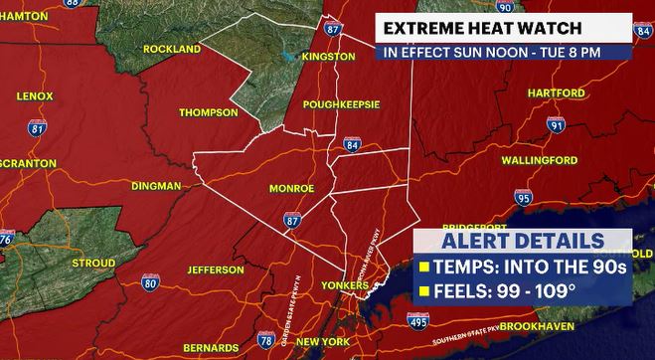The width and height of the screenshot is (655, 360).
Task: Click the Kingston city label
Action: pyautogui.click(x=328, y=57)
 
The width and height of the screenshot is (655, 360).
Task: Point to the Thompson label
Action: pyautogui.click(x=208, y=112)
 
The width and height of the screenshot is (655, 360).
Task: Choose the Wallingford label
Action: pyautogui.click(x=540, y=159)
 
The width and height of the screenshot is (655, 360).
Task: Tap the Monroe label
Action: pyautogui.click(x=291, y=188)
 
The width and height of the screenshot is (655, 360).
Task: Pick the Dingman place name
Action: pyautogui.click(x=156, y=186)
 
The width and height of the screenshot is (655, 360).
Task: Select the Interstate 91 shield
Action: pyautogui.click(x=556, y=124)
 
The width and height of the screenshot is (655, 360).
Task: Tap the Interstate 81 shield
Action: pyautogui.click(x=38, y=127)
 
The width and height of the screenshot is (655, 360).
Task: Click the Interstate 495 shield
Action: pyautogui.click(x=418, y=320)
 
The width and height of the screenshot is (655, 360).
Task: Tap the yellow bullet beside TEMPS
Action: pyautogui.click(x=424, y=268)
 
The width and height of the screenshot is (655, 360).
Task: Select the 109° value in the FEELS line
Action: pyautogui.click(x=555, y=291)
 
